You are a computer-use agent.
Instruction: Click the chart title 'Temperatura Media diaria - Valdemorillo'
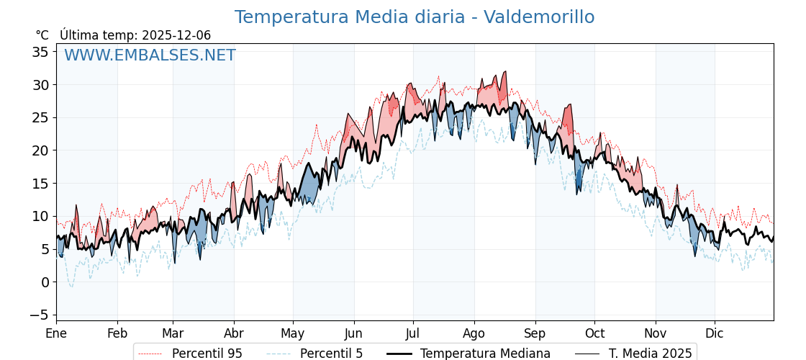click(415, 17)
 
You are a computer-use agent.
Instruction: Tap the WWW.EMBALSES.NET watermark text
click(150, 55)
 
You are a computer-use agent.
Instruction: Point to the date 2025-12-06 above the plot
click(176, 35)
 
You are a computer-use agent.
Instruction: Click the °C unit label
click(42, 35)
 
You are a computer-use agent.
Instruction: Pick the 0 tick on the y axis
click(44, 282)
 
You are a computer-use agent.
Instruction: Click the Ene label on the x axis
click(56, 333)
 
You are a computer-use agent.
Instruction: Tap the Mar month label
click(173, 333)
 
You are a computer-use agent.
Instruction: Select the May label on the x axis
click(293, 333)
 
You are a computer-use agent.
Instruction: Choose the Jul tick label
click(413, 333)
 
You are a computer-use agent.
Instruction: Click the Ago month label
click(474, 333)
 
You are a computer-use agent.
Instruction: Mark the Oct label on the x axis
click(594, 333)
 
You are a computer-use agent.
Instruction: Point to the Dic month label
click(715, 333)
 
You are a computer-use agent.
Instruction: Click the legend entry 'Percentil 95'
click(207, 354)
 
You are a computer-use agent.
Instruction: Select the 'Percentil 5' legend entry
click(331, 354)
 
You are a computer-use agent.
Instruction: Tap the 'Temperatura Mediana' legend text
click(485, 354)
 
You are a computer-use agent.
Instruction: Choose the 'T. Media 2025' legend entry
click(650, 354)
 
